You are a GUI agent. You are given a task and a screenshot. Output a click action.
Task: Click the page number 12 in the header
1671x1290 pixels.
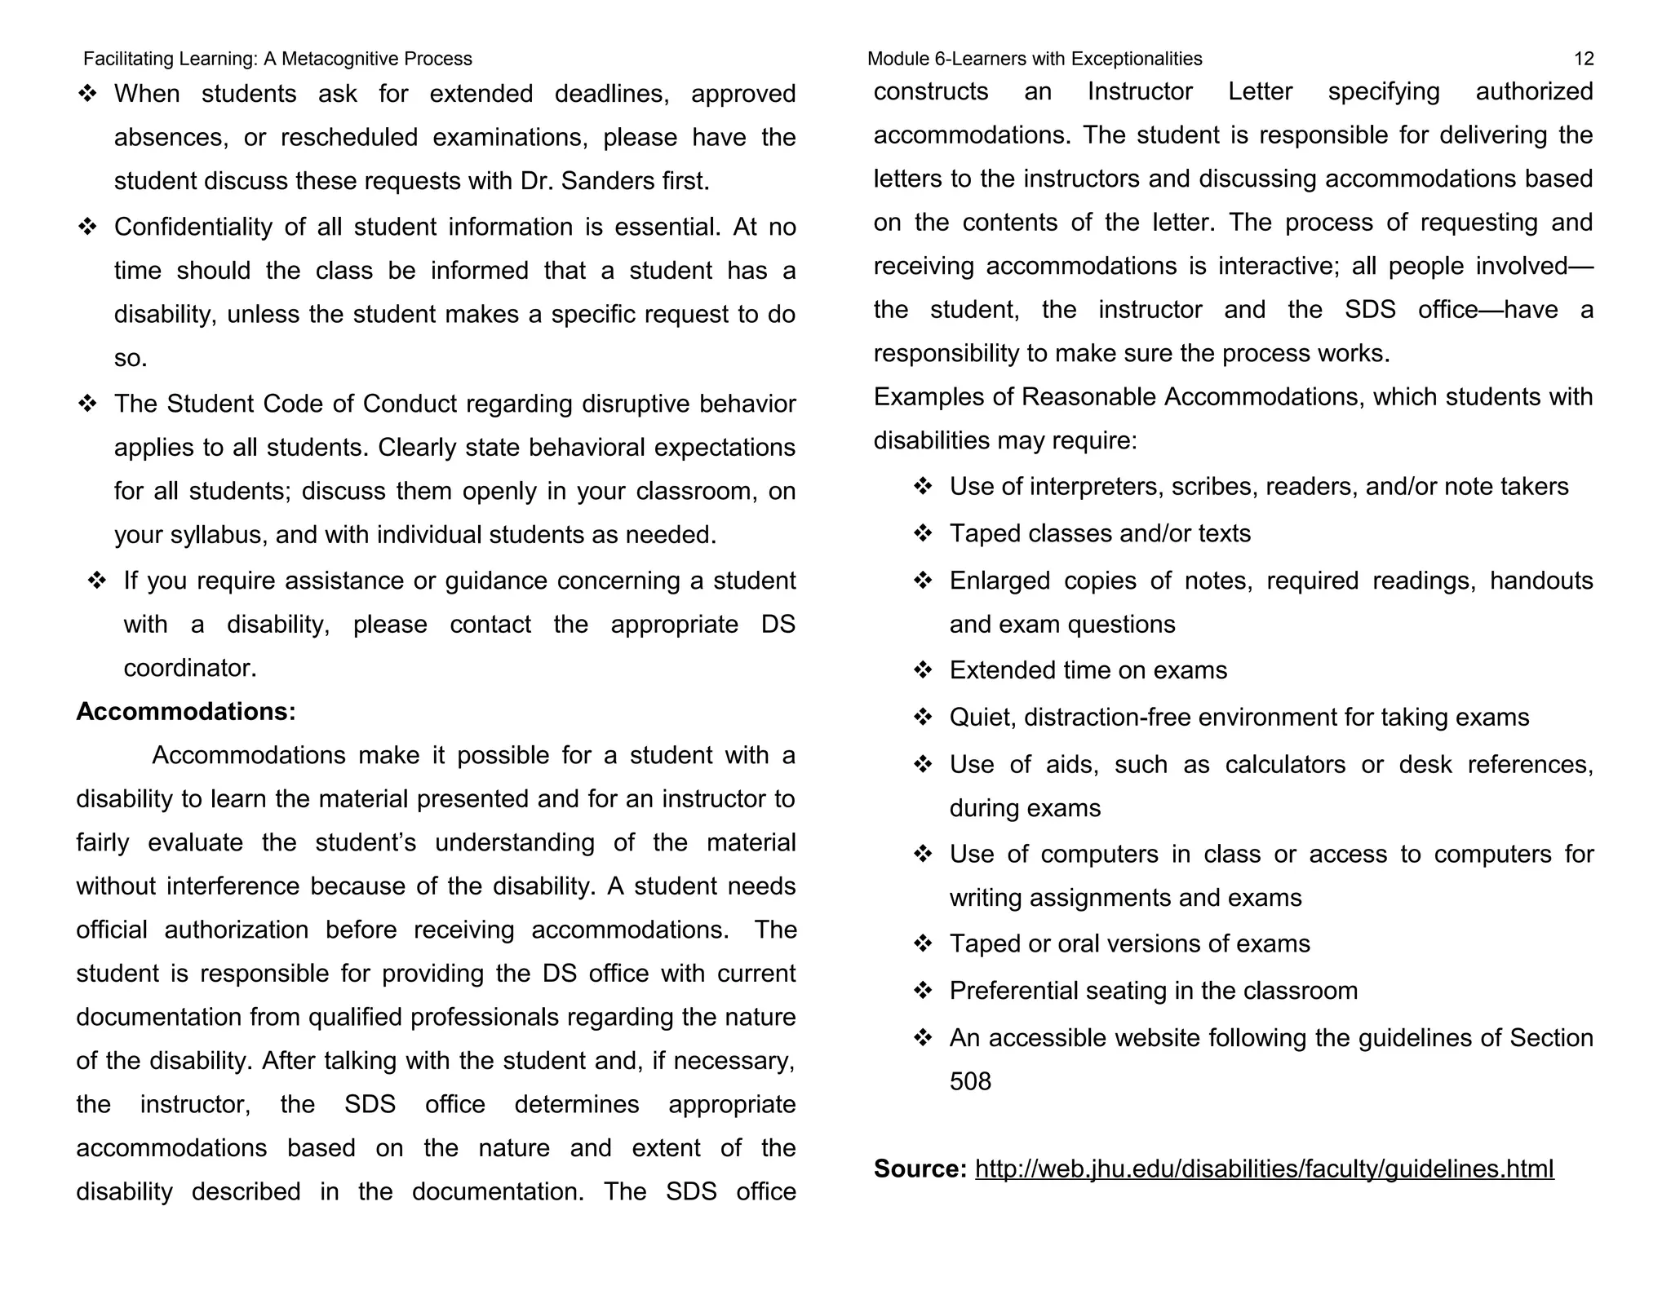click(1583, 59)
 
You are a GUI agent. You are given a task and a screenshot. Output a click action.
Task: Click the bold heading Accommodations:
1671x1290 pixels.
click(186, 711)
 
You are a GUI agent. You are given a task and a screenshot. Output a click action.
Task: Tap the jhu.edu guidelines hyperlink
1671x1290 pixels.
click(1264, 1169)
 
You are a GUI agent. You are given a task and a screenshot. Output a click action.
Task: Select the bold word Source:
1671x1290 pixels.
click(920, 1169)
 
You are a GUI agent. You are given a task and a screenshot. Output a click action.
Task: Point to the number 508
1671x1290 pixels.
click(970, 1081)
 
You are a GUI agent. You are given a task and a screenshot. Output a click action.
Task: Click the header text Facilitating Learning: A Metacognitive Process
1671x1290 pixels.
click(277, 59)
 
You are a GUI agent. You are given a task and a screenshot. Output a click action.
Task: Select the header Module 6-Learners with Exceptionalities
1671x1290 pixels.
click(1034, 59)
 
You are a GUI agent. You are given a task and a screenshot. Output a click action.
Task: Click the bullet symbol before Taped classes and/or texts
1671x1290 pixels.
click(923, 533)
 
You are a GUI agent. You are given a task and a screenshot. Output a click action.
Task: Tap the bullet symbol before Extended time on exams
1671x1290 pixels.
click(923, 670)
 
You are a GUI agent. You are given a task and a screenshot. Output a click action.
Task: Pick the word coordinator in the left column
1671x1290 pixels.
click(189, 668)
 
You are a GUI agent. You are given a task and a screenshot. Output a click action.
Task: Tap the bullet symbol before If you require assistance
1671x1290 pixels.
click(97, 581)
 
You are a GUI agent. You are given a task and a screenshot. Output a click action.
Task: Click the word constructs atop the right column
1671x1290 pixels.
click(930, 91)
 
